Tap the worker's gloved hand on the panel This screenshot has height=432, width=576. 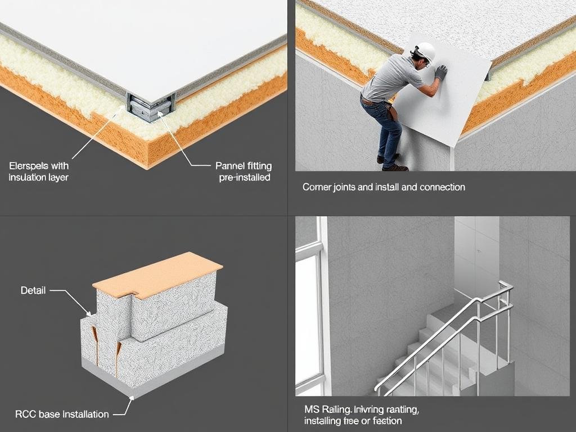440,72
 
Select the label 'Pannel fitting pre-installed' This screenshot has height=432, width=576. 244,172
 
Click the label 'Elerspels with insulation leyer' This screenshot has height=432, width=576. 39,172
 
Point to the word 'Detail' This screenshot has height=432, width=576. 33,291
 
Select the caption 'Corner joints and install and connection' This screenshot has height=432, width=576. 384,187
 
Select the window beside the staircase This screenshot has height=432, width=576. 309,315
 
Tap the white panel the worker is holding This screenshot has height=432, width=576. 444,107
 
